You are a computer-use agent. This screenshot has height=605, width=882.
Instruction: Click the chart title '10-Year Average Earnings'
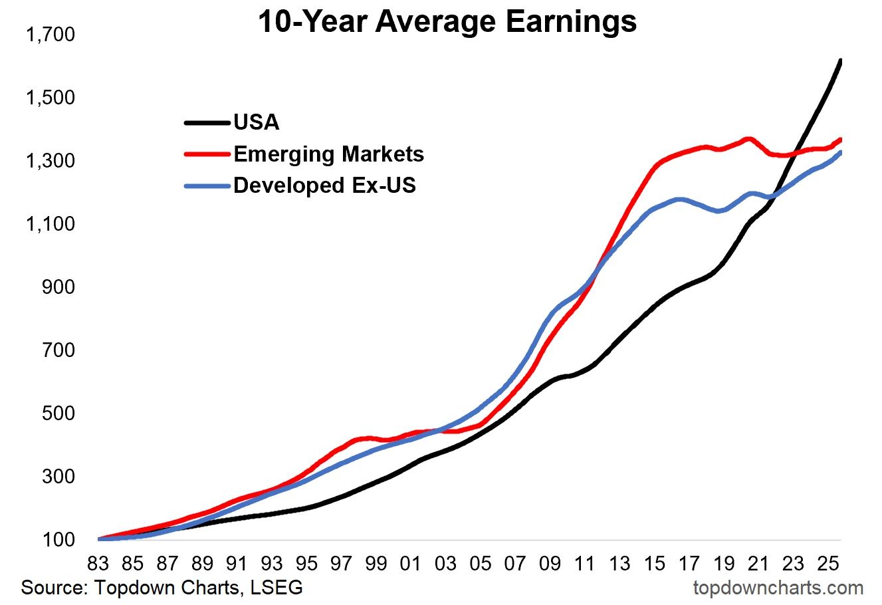[447, 21]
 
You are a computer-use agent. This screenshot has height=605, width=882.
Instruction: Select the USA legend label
[257, 122]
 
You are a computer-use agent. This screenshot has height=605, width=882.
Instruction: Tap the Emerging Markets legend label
[328, 154]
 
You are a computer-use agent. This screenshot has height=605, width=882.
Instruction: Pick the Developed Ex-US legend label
[324, 185]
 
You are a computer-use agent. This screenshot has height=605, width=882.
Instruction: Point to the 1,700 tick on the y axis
[50, 35]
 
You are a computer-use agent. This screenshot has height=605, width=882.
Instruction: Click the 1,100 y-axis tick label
[50, 224]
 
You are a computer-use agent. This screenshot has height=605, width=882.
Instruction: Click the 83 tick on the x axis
[98, 564]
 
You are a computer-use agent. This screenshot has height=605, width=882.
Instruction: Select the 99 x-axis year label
[376, 564]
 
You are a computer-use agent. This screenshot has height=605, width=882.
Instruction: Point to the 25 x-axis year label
[827, 564]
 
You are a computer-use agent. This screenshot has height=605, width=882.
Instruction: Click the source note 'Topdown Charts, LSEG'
[162, 588]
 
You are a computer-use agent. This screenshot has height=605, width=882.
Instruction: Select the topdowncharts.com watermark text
[778, 588]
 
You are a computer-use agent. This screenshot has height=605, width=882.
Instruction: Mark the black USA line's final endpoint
[841, 60]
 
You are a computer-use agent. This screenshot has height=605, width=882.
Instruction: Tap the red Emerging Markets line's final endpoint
[841, 139]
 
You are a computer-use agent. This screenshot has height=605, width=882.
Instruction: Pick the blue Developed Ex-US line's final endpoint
[841, 152]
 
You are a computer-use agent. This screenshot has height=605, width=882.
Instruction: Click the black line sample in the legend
[206, 122]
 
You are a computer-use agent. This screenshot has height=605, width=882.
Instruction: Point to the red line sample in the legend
[206, 154]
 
